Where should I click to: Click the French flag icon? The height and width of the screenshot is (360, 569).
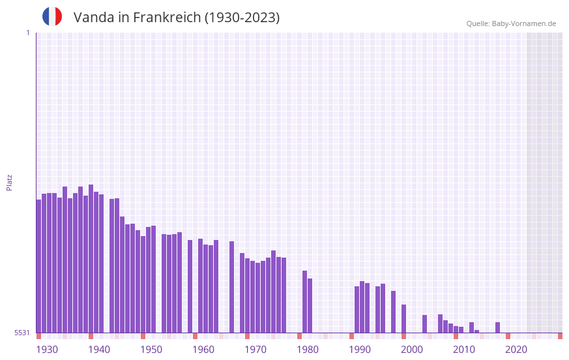(52, 16)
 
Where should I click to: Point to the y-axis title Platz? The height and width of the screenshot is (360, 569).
(9, 182)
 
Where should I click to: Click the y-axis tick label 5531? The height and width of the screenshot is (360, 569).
(22, 333)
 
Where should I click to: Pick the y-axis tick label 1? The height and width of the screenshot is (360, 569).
(27, 33)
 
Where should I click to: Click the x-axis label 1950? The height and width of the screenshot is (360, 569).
(151, 350)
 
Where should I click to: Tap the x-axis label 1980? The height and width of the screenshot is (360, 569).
(308, 350)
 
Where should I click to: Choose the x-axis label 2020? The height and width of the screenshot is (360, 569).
(516, 350)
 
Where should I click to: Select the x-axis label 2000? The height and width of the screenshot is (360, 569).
(412, 350)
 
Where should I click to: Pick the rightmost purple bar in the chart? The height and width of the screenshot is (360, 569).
(498, 327)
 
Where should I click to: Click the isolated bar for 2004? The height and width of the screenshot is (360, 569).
(425, 323)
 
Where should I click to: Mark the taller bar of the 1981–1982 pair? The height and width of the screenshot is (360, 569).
(305, 301)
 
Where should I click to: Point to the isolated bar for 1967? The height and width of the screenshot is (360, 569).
(232, 287)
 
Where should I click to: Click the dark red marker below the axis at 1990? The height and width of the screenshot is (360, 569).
(352, 336)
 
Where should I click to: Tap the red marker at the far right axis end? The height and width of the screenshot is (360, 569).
(560, 336)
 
